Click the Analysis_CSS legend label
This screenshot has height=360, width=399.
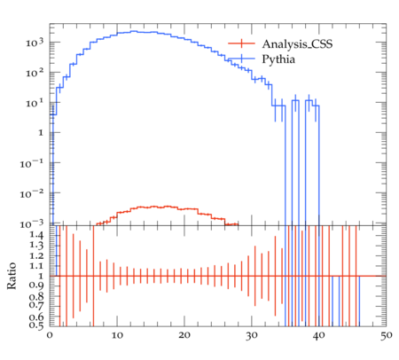point(297,44)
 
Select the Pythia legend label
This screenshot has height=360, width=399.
point(278,59)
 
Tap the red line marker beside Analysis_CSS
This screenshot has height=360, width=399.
point(241,43)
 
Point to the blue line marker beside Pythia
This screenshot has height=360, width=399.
point(241,59)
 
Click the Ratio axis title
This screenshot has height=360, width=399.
point(12,276)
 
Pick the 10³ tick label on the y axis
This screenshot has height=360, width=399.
point(35,43)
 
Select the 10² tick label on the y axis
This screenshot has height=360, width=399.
point(35,73)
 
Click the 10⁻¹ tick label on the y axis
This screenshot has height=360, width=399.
point(32,163)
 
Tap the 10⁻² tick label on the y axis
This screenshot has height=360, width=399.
point(32,193)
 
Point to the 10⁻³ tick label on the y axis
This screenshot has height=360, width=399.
point(32,223)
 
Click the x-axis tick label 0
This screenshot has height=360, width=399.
point(50,335)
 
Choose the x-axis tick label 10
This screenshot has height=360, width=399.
point(117,335)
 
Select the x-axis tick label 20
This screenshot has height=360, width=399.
point(184,335)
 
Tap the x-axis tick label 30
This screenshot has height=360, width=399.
point(252,335)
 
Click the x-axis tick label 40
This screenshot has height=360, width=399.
point(319,335)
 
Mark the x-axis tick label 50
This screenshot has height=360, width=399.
point(387,335)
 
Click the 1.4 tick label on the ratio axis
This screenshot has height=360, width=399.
point(36,235)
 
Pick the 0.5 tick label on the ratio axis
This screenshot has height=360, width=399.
point(36,325)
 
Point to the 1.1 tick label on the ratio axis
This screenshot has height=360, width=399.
point(36,266)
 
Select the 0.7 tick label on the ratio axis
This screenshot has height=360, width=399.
point(36,304)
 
